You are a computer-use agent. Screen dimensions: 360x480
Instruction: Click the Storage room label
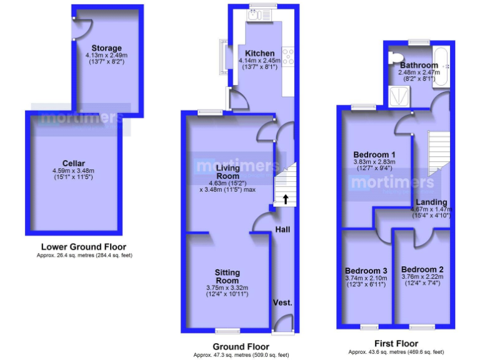click(106, 48)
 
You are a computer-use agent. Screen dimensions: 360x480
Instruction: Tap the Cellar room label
click(74, 163)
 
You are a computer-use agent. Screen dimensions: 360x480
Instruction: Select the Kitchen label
click(259, 53)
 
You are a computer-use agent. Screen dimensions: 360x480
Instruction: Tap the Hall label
click(282, 229)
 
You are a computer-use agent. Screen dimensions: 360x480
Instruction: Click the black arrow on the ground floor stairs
click(286, 200)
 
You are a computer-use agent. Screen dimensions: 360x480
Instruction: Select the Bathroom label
click(419, 65)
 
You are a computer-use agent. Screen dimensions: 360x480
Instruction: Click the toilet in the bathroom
click(394, 58)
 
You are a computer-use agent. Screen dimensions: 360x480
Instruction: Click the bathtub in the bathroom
click(441, 66)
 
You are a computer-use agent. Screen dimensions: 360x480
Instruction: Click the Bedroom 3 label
click(366, 271)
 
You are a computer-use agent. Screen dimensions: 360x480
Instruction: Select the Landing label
click(431, 202)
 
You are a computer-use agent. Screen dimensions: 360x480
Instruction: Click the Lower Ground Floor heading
click(84, 247)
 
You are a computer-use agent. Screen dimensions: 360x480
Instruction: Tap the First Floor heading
click(396, 343)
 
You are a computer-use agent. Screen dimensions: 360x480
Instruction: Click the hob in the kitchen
click(288, 57)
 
